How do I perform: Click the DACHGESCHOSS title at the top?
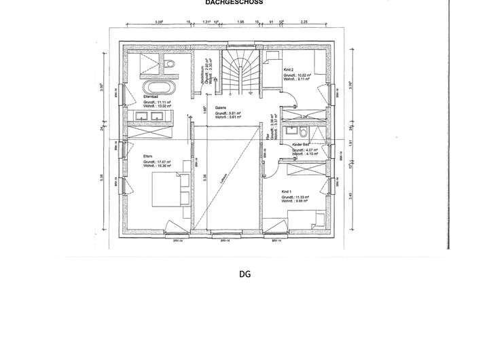coord(234,3)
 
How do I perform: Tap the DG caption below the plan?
coord(244,274)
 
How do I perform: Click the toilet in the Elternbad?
coord(169,65)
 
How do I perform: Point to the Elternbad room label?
coord(150,97)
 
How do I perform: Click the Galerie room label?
coord(220,107)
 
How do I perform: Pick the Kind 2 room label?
coord(289,69)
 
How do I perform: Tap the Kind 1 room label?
coord(286,192)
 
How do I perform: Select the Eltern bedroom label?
coord(147,156)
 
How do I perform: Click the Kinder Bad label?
coord(301,145)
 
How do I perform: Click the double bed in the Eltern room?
coord(166,188)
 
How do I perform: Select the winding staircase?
coord(241,71)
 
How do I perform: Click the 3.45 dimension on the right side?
coord(350,196)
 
